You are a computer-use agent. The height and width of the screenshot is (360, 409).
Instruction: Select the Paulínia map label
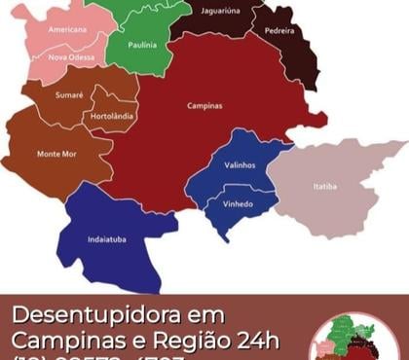[x=140, y=45]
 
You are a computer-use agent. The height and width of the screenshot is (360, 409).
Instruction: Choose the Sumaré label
[x=69, y=94]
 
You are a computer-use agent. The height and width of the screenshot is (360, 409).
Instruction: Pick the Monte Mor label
[x=56, y=154]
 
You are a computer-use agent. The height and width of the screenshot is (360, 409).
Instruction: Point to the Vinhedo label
[x=238, y=203]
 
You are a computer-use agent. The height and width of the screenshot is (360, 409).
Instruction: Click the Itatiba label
[x=325, y=186]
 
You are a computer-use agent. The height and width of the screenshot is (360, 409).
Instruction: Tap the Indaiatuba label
[x=106, y=239]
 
